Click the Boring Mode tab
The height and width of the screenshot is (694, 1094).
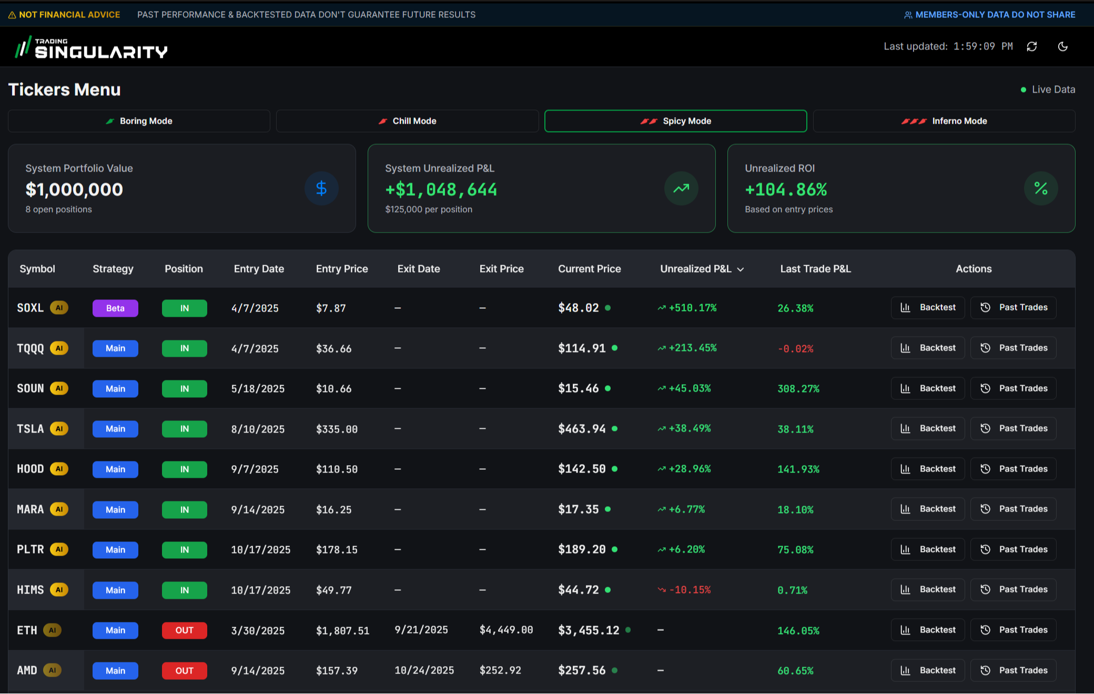pos(139,121)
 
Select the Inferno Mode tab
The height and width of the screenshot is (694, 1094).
pos(944,121)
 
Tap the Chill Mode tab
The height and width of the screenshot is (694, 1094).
pos(408,121)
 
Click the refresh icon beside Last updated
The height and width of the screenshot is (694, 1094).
pos(1032,47)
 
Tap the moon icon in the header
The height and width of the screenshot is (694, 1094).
pos(1063,47)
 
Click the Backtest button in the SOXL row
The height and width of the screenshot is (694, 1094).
pos(928,308)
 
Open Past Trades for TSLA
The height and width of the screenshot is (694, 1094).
pos(1014,429)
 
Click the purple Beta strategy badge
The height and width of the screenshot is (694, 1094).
pos(115,308)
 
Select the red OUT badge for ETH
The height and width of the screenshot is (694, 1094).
pos(184,630)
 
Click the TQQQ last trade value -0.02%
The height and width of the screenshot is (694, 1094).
pos(795,349)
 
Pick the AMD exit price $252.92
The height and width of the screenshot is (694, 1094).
pos(500,671)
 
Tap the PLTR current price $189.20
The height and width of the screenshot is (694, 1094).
pos(582,550)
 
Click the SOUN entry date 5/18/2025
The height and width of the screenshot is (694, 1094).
pos(258,389)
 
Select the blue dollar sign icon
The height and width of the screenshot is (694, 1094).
pos(321,188)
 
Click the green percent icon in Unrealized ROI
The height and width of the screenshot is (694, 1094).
pos(1041,188)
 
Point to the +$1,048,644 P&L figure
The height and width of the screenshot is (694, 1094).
pos(441,189)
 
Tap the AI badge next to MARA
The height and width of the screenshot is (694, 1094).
pos(59,509)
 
